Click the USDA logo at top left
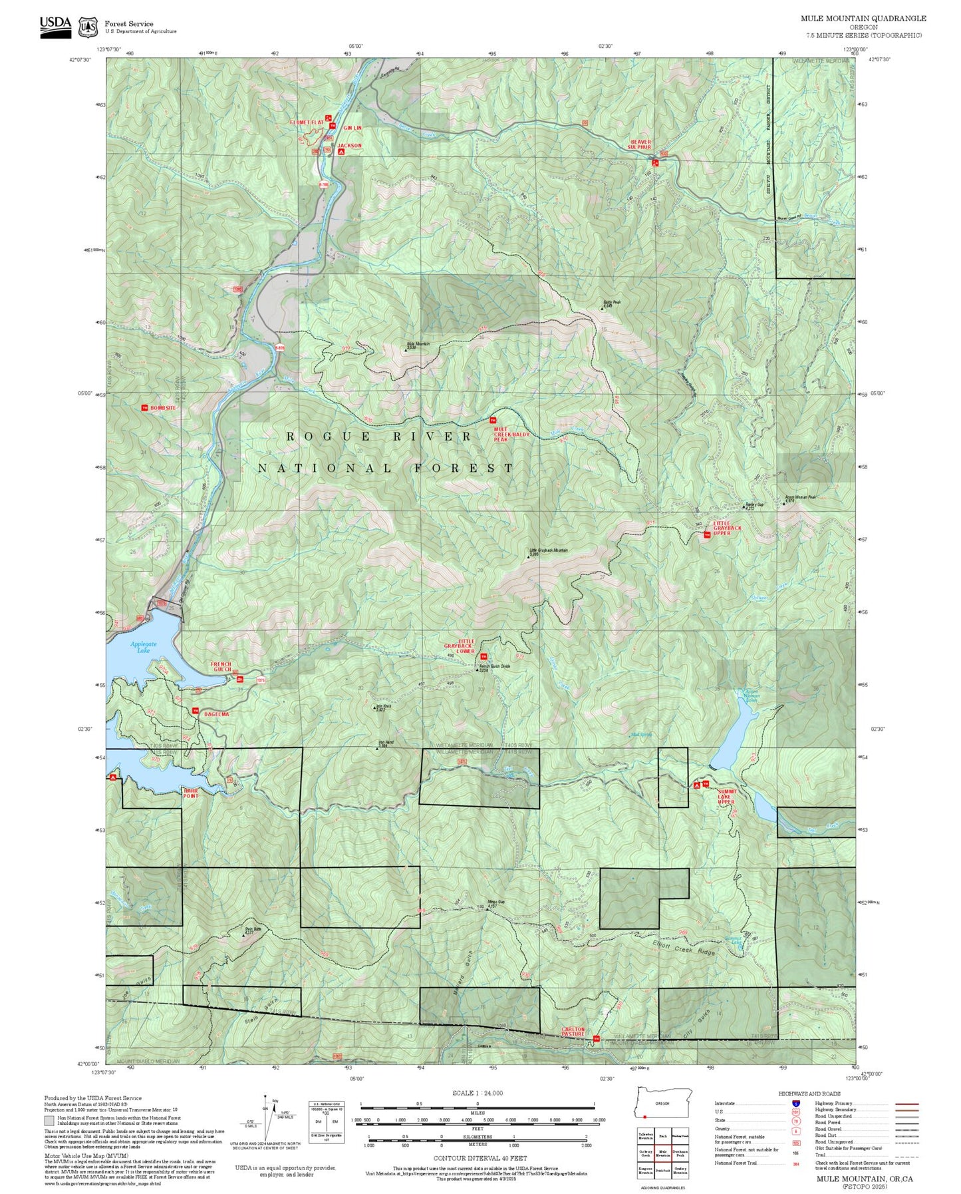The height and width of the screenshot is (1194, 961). [x=55, y=26]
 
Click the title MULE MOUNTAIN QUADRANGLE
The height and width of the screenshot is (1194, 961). [x=863, y=19]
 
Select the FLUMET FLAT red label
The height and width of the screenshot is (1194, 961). [x=306, y=122]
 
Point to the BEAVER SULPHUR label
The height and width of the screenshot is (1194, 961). [x=640, y=144]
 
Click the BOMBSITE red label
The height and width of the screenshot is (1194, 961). [x=163, y=407]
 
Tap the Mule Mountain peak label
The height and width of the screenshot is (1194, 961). [x=418, y=345]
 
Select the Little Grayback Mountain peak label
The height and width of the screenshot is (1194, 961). [x=548, y=552]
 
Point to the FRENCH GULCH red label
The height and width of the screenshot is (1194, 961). [x=221, y=666]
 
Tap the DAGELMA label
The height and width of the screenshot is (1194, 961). [x=216, y=713]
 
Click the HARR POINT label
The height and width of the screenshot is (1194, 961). [x=190, y=793]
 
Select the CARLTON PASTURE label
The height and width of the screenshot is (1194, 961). [x=573, y=1031]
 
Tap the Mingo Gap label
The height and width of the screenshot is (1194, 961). [x=495, y=903]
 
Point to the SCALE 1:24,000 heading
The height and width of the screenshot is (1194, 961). [x=477, y=1093]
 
